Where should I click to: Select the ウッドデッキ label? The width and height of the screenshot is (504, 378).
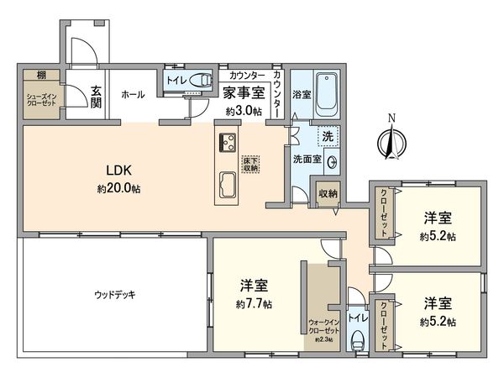point(115,294)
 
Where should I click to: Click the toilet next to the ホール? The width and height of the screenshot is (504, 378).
point(201,81)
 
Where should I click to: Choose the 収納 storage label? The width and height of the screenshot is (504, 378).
point(328,193)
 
